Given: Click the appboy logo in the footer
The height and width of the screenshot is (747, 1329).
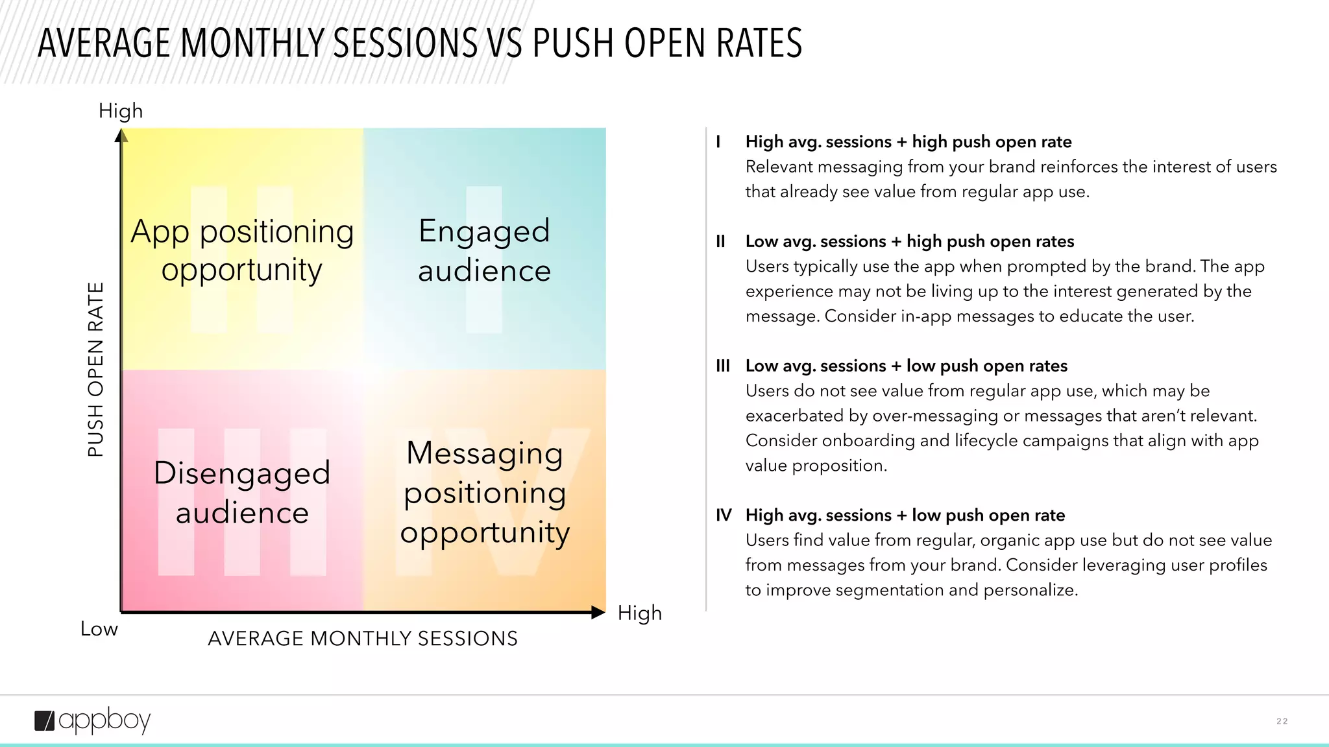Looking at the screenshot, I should click(92, 720).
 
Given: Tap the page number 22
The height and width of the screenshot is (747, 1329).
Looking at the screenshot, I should click(1282, 721).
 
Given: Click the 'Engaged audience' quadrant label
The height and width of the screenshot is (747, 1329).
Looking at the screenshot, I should click(484, 250).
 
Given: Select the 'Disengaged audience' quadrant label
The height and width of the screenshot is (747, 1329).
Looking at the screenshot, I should click(242, 493).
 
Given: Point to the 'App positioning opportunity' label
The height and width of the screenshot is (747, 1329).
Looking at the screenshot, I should click(242, 250).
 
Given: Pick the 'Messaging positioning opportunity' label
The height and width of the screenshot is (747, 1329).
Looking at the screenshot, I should click(485, 493).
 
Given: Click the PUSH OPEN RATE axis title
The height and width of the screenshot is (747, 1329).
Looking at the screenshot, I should click(95, 370).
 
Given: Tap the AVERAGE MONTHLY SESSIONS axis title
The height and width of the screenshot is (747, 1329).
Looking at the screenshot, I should click(363, 639).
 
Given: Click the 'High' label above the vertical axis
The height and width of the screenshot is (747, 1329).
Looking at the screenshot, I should click(121, 111).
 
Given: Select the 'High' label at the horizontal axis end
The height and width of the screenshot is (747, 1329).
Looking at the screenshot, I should click(639, 613).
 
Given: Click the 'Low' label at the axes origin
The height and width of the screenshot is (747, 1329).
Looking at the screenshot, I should click(99, 629).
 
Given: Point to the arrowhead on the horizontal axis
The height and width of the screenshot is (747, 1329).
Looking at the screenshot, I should click(598, 612).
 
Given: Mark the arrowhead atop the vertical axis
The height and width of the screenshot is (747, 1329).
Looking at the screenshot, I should click(121, 136).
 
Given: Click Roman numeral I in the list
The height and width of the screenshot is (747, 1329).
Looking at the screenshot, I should click(718, 142).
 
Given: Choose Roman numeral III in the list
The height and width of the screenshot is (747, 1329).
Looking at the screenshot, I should click(722, 366).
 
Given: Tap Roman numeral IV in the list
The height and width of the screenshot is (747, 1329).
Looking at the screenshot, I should click(723, 516).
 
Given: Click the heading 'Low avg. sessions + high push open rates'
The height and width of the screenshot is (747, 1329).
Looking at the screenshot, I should click(909, 242).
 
